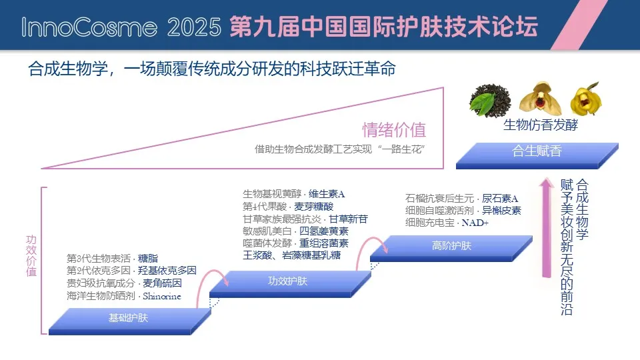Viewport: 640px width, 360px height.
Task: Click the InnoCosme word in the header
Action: pos(89,27)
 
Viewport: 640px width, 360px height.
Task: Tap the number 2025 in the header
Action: pos(194,27)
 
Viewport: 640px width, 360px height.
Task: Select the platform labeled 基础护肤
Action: pos(130,321)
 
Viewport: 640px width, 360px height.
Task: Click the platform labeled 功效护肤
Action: pos(290,284)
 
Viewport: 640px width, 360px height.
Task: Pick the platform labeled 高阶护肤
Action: pos(451,248)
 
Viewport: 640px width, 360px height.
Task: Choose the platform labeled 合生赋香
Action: pos(537,155)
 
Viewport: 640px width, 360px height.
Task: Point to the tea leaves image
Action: pos(490,100)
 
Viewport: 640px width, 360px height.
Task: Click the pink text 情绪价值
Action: pos(394,130)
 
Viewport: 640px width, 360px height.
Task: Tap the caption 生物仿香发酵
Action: pos(541,125)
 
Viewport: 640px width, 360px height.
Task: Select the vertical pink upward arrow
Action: pos(546,227)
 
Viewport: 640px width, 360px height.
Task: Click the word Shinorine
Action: pos(161,296)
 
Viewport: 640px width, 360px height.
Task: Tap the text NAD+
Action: pos(475,223)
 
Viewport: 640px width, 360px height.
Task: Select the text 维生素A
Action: pos(327,194)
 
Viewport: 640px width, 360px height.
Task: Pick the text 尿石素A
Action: pos(500,199)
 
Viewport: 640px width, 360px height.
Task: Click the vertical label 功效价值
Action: pos(31,255)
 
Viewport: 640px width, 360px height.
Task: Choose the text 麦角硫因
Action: pos(162,283)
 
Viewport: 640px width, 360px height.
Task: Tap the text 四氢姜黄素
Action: pos(324,231)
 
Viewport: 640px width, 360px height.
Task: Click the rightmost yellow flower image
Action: pos(586,99)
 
